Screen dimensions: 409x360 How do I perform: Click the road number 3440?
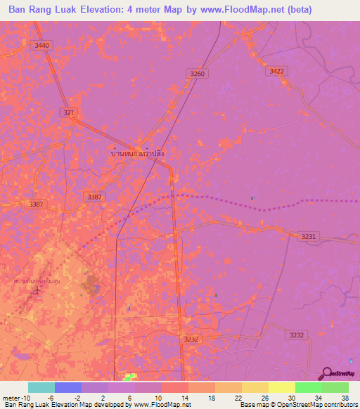pyautogui.click(x=42, y=46)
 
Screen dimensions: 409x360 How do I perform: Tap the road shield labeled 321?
pyautogui.click(x=68, y=112)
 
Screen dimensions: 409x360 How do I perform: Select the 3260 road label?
pyautogui.click(x=198, y=74)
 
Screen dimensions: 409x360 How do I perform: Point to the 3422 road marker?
pyautogui.click(x=277, y=71)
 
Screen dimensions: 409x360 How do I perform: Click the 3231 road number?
pyautogui.click(x=308, y=237)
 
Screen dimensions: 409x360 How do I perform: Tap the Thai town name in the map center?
pyautogui.click(x=138, y=152)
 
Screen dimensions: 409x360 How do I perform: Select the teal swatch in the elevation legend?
pyautogui.click(x=41, y=387)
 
